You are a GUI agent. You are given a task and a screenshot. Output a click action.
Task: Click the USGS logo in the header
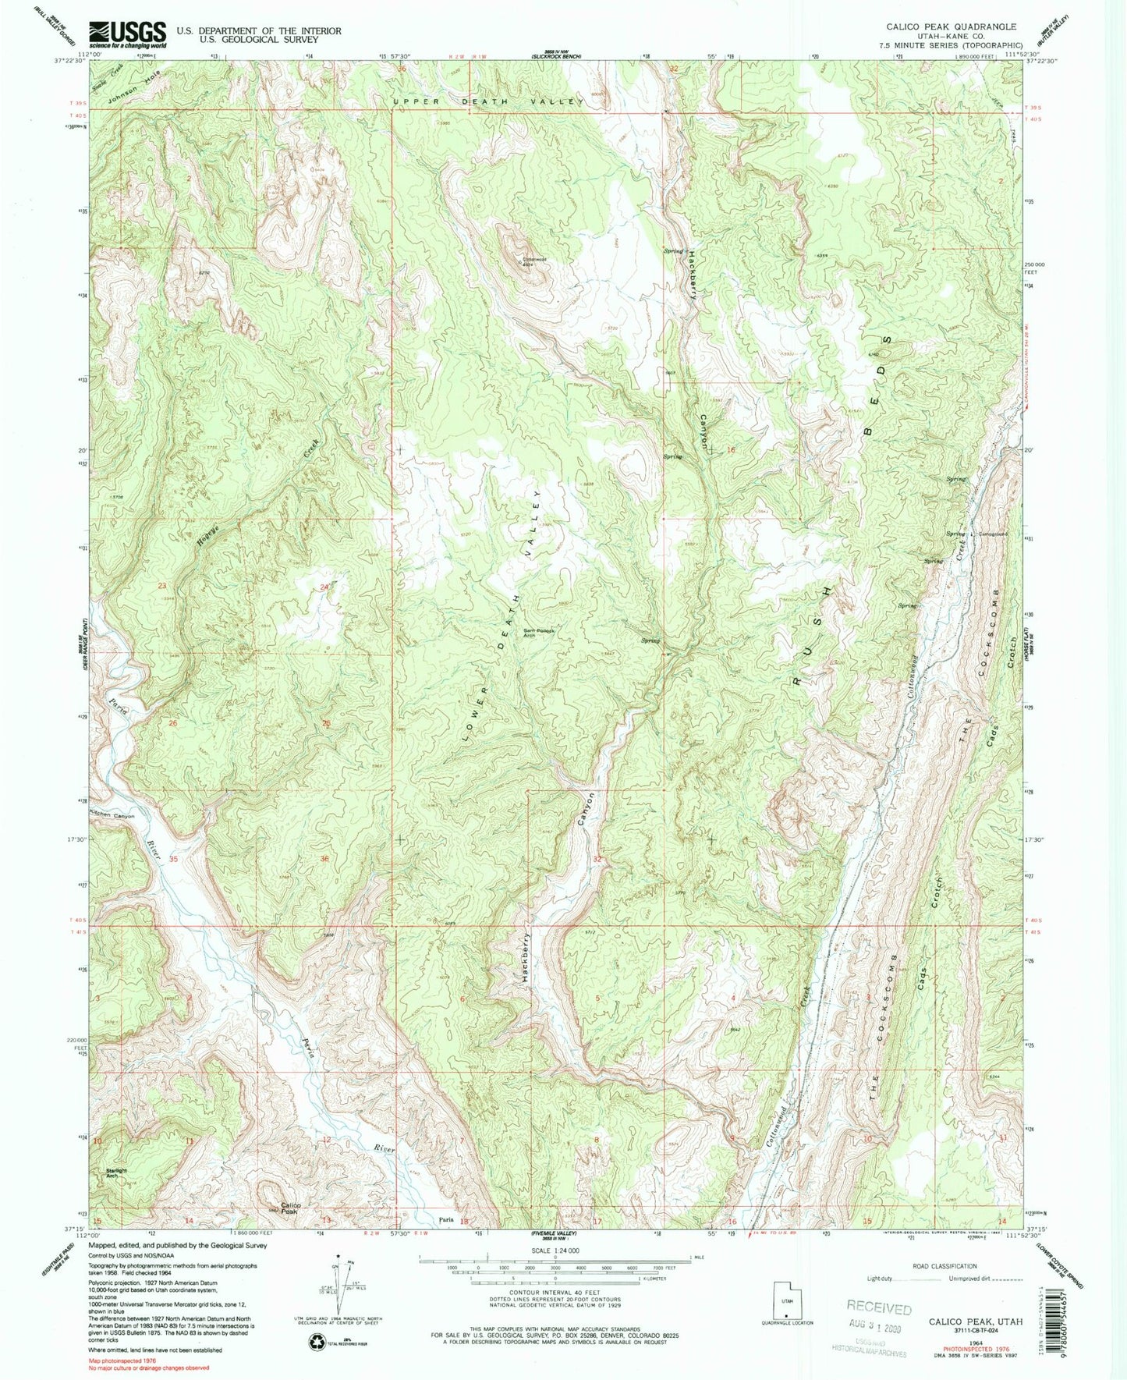pyautogui.click(x=128, y=34)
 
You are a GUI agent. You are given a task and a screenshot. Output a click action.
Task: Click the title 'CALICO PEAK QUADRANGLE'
pyautogui.click(x=951, y=27)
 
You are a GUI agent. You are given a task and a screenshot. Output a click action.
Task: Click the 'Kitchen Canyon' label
pyautogui.click(x=113, y=816)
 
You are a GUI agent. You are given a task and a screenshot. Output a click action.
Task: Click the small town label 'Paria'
pyautogui.click(x=446, y=1221)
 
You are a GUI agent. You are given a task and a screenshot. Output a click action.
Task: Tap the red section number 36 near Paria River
pyautogui.click(x=324, y=859)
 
